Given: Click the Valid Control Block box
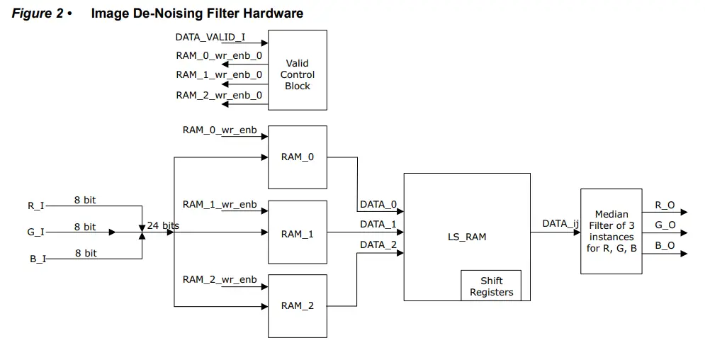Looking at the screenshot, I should tap(297, 69).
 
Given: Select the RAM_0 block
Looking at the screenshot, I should tap(297, 157).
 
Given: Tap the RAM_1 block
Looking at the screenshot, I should tap(297, 234).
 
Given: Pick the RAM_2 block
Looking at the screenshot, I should tap(297, 305).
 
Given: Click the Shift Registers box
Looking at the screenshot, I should tap(491, 286).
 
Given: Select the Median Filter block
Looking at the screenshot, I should tap(611, 231).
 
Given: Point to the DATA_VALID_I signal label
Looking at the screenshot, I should tap(210, 37).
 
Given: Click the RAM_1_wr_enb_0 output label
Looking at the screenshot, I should tap(219, 74).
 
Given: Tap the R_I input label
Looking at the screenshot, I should tap(36, 206).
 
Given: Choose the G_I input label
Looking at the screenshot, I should tap(36, 232).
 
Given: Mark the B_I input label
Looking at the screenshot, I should tap(38, 259).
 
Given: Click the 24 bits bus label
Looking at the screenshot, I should tap(163, 226).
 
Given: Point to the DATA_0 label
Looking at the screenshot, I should tap(378, 205).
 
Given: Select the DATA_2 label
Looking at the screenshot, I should tap(378, 244).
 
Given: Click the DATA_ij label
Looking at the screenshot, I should tap(560, 223).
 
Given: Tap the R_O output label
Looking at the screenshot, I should tap(665, 205).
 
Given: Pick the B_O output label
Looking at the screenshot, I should tap(665, 245).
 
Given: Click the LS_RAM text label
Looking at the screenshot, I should tap(466, 237).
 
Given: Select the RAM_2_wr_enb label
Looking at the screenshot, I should tap(220, 279).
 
